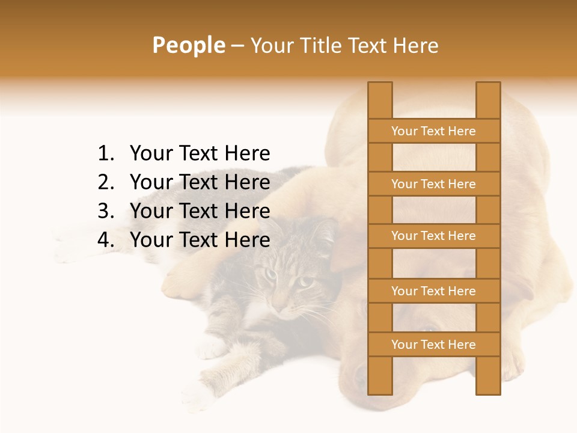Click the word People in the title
(188, 45)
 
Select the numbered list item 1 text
(200, 153)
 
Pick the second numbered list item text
(200, 182)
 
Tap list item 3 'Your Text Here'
(200, 211)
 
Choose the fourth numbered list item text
(200, 240)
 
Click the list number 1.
(105, 153)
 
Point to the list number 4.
(105, 240)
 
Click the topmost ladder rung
(433, 131)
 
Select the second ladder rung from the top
(433, 183)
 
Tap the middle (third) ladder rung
(433, 236)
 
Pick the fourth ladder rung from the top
(433, 290)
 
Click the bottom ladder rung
(433, 344)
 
